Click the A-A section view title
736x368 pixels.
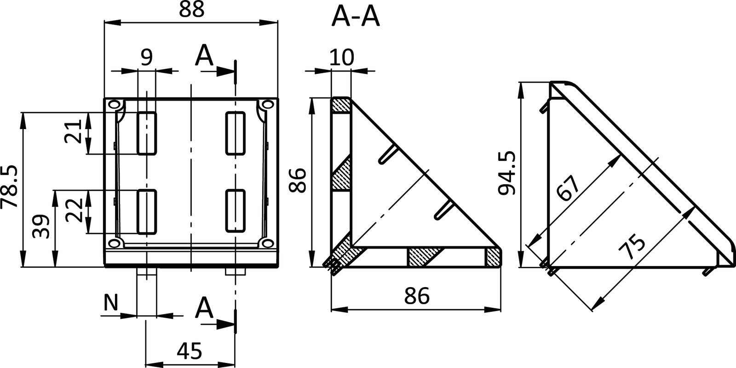[x=356, y=18]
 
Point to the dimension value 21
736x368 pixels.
[x=74, y=132]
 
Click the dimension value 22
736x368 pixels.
[x=74, y=210]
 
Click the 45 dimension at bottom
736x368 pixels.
[x=190, y=351]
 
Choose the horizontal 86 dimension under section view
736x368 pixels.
[x=417, y=296]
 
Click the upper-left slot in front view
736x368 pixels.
[x=147, y=133]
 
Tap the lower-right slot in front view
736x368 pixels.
[x=235, y=210]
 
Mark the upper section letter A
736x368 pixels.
[x=204, y=57]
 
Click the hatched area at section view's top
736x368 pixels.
[x=341, y=105]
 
